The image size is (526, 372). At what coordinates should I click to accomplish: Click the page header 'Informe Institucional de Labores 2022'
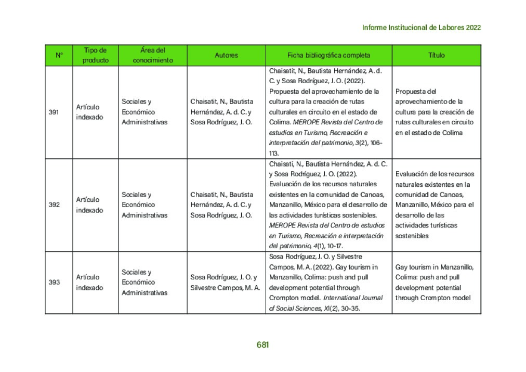click(421, 28)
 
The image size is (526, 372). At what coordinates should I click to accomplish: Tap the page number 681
click(262, 344)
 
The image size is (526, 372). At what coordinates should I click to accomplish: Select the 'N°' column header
click(59, 55)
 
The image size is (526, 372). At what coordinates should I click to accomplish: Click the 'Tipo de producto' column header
click(96, 55)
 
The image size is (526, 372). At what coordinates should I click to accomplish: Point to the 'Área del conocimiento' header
click(153, 55)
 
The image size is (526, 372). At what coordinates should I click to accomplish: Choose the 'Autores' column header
click(226, 55)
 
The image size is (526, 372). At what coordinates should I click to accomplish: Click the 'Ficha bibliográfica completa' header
click(328, 55)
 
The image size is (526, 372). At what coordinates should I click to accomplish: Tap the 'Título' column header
click(436, 55)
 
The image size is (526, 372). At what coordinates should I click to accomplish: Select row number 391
click(54, 112)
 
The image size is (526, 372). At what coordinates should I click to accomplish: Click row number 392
click(54, 205)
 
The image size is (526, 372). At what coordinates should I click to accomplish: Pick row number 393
click(54, 283)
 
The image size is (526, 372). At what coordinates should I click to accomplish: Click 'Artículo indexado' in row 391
click(89, 112)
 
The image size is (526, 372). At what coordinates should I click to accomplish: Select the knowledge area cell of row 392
click(145, 205)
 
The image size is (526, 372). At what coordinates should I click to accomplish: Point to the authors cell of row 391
click(222, 112)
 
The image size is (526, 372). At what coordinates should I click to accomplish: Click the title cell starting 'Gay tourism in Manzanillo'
click(434, 283)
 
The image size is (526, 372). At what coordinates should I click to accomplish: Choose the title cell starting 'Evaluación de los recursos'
click(435, 205)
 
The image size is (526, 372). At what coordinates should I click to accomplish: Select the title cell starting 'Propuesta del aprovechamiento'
click(435, 112)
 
